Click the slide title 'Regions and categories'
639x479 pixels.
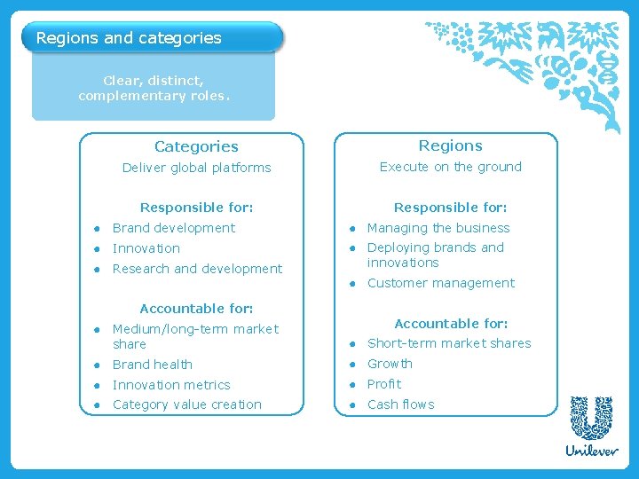click(x=129, y=38)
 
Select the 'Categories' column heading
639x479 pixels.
click(x=196, y=146)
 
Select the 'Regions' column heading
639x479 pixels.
click(x=450, y=145)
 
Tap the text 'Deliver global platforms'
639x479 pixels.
click(x=196, y=168)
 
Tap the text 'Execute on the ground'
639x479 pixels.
click(x=450, y=167)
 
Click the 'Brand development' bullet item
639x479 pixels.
click(x=173, y=228)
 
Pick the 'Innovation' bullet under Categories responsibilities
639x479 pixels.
click(x=146, y=248)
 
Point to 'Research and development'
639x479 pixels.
click(x=197, y=269)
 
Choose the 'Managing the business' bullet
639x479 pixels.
click(x=438, y=228)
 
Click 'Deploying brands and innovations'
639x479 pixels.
click(x=435, y=255)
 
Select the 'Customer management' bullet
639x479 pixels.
click(x=440, y=283)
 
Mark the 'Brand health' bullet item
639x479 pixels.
click(x=152, y=365)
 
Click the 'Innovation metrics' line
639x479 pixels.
click(x=171, y=385)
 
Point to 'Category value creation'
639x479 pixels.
click(x=186, y=404)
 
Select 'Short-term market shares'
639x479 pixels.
click(x=449, y=343)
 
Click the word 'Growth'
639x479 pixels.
click(x=390, y=364)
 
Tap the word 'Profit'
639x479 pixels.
click(x=384, y=384)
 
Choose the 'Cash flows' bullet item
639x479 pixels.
click(x=400, y=404)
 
